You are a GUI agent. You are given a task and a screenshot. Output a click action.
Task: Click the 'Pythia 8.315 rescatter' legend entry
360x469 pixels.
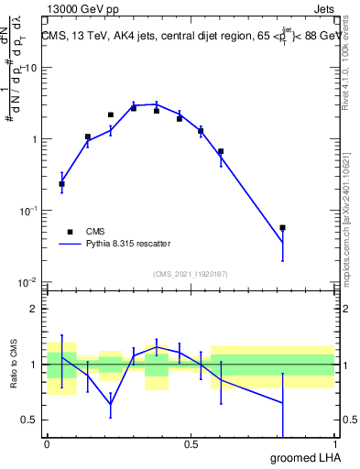122,245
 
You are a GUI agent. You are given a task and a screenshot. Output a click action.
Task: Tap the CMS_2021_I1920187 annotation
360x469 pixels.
190,274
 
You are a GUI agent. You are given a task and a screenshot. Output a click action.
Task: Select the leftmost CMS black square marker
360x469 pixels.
61,184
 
